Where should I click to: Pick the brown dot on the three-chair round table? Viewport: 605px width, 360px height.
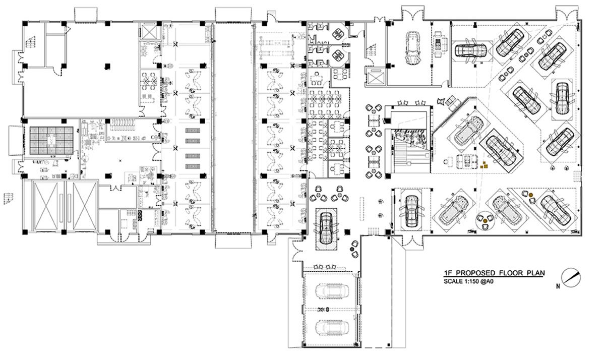point(484,221)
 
